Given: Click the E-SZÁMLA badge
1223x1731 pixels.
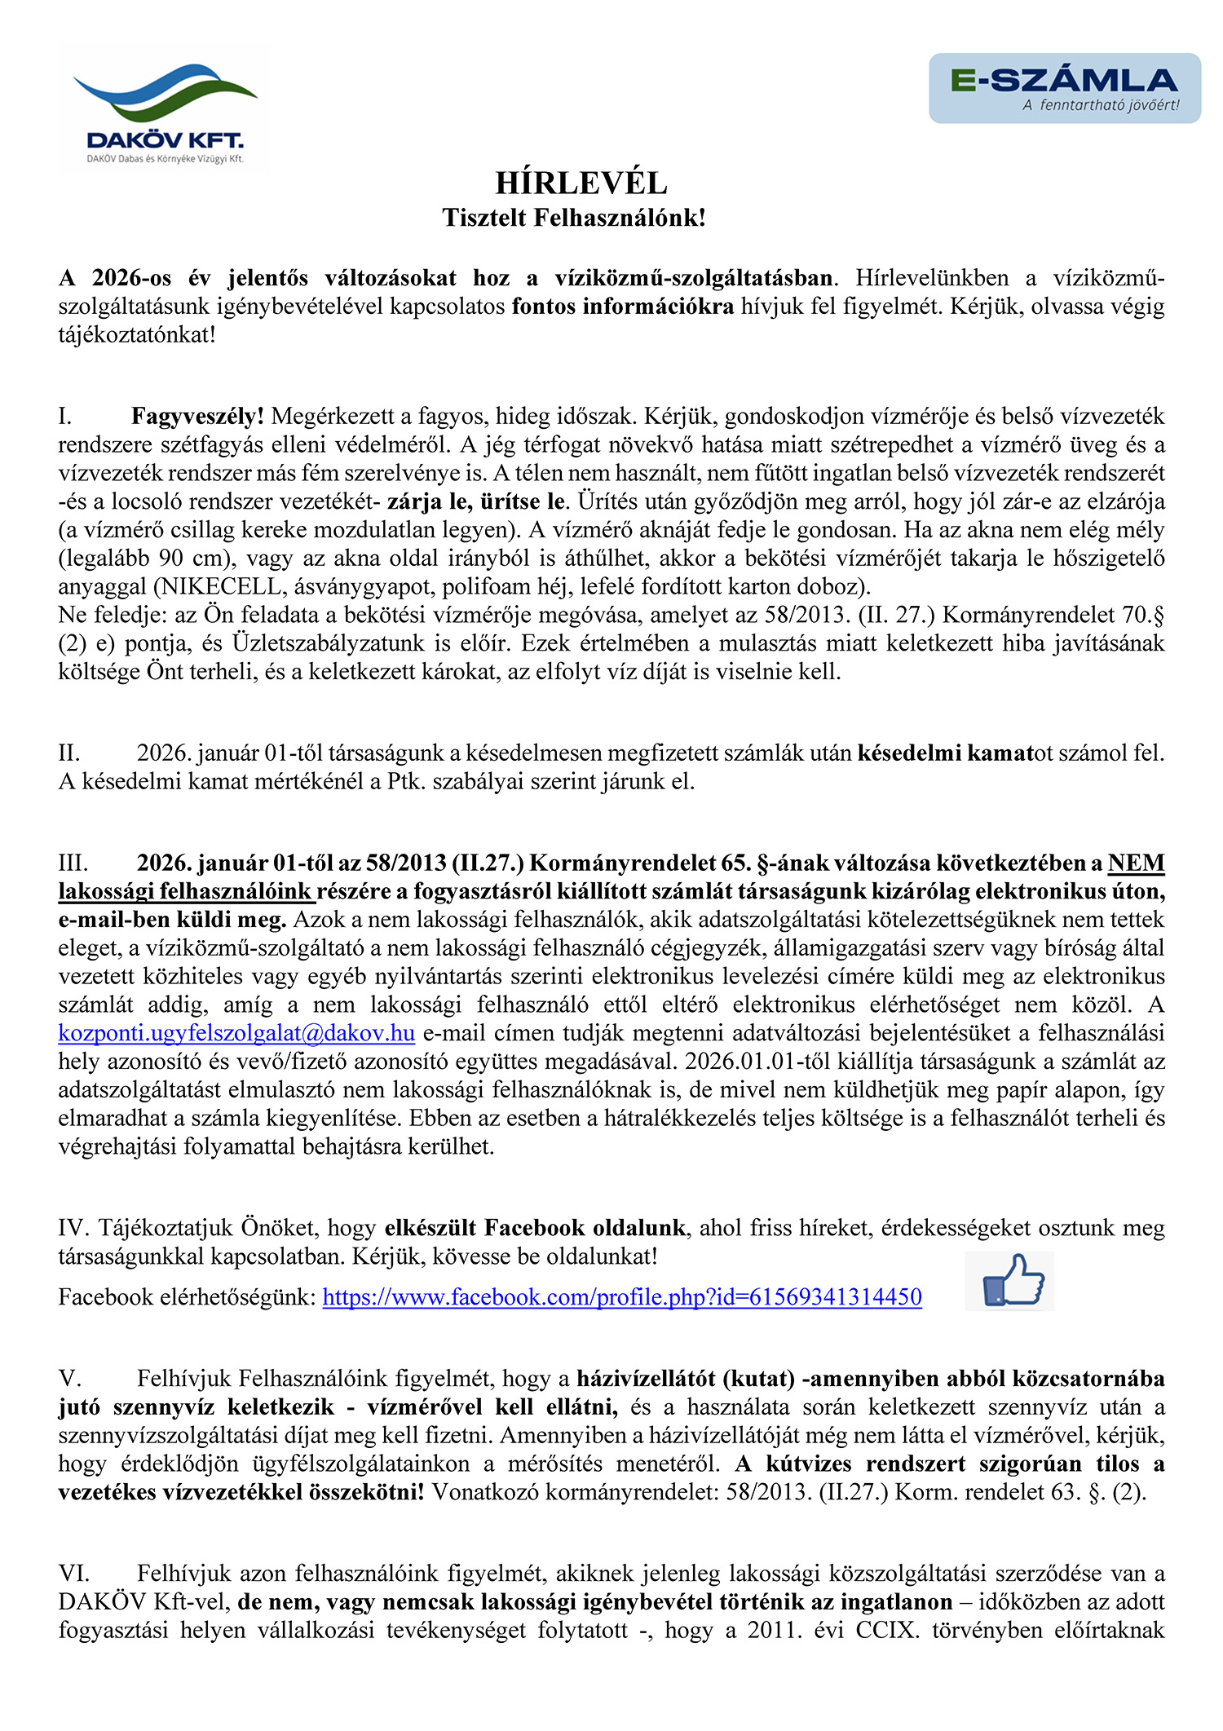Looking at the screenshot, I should coord(1064,88).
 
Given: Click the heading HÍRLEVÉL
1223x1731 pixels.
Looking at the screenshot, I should coord(581,183).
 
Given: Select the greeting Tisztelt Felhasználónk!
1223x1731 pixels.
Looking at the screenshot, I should coord(574,218).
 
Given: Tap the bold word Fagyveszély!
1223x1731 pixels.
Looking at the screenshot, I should coord(197,417).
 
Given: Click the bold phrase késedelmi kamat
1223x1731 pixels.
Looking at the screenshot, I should coord(945,753).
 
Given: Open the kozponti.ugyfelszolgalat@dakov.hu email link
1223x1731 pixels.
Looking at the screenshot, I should coord(236,1034).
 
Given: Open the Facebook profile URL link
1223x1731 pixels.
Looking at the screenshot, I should coord(622,1297).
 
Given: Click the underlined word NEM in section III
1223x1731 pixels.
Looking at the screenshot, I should coord(1136,863).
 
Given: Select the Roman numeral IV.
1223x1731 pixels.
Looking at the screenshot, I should coord(74,1228).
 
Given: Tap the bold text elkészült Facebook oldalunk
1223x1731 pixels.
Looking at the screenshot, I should coord(535,1228).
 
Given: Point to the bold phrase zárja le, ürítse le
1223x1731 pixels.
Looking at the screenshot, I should coord(476,501).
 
